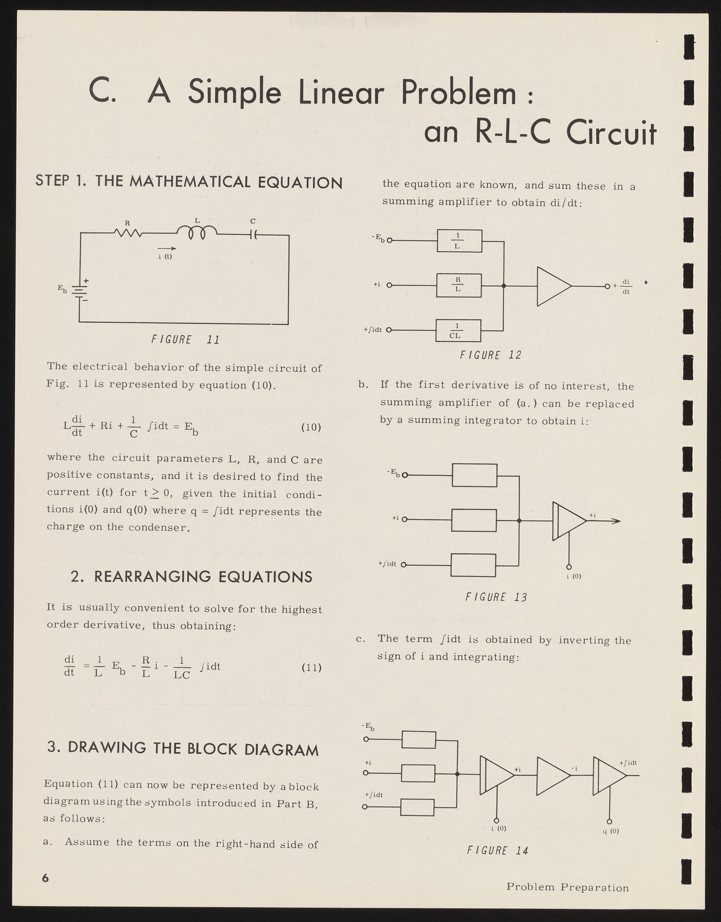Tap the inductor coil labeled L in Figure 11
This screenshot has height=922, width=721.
tap(198, 232)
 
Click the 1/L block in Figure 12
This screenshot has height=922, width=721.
tap(458, 241)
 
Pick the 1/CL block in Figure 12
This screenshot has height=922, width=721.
tap(458, 330)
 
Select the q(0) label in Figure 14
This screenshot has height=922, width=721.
tap(610, 832)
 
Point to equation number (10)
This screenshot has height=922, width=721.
tap(311, 428)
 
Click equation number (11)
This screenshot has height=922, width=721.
tap(311, 668)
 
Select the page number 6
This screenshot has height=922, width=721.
tap(45, 877)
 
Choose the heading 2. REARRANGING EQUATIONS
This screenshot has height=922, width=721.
tap(192, 577)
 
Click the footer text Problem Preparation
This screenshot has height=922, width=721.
tap(567, 888)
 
